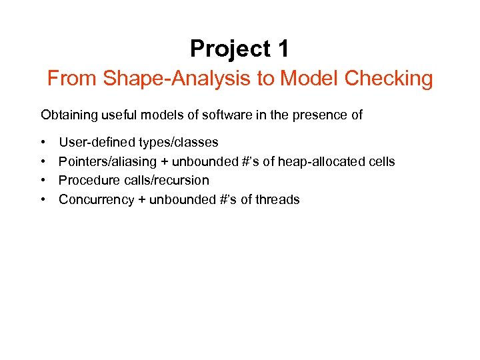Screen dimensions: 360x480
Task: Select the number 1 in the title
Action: tap(282, 49)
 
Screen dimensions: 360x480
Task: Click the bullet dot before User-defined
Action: tap(43, 143)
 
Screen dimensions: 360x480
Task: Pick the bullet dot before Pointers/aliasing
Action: tap(43, 162)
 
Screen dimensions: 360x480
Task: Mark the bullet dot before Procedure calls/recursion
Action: tap(43, 181)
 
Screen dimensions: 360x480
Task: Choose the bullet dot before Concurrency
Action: tap(43, 199)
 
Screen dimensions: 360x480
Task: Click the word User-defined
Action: tap(97, 143)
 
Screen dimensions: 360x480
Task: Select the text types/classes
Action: tap(178, 143)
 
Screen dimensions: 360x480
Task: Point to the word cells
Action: tap(381, 162)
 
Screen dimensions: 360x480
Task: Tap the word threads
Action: tap(279, 199)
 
